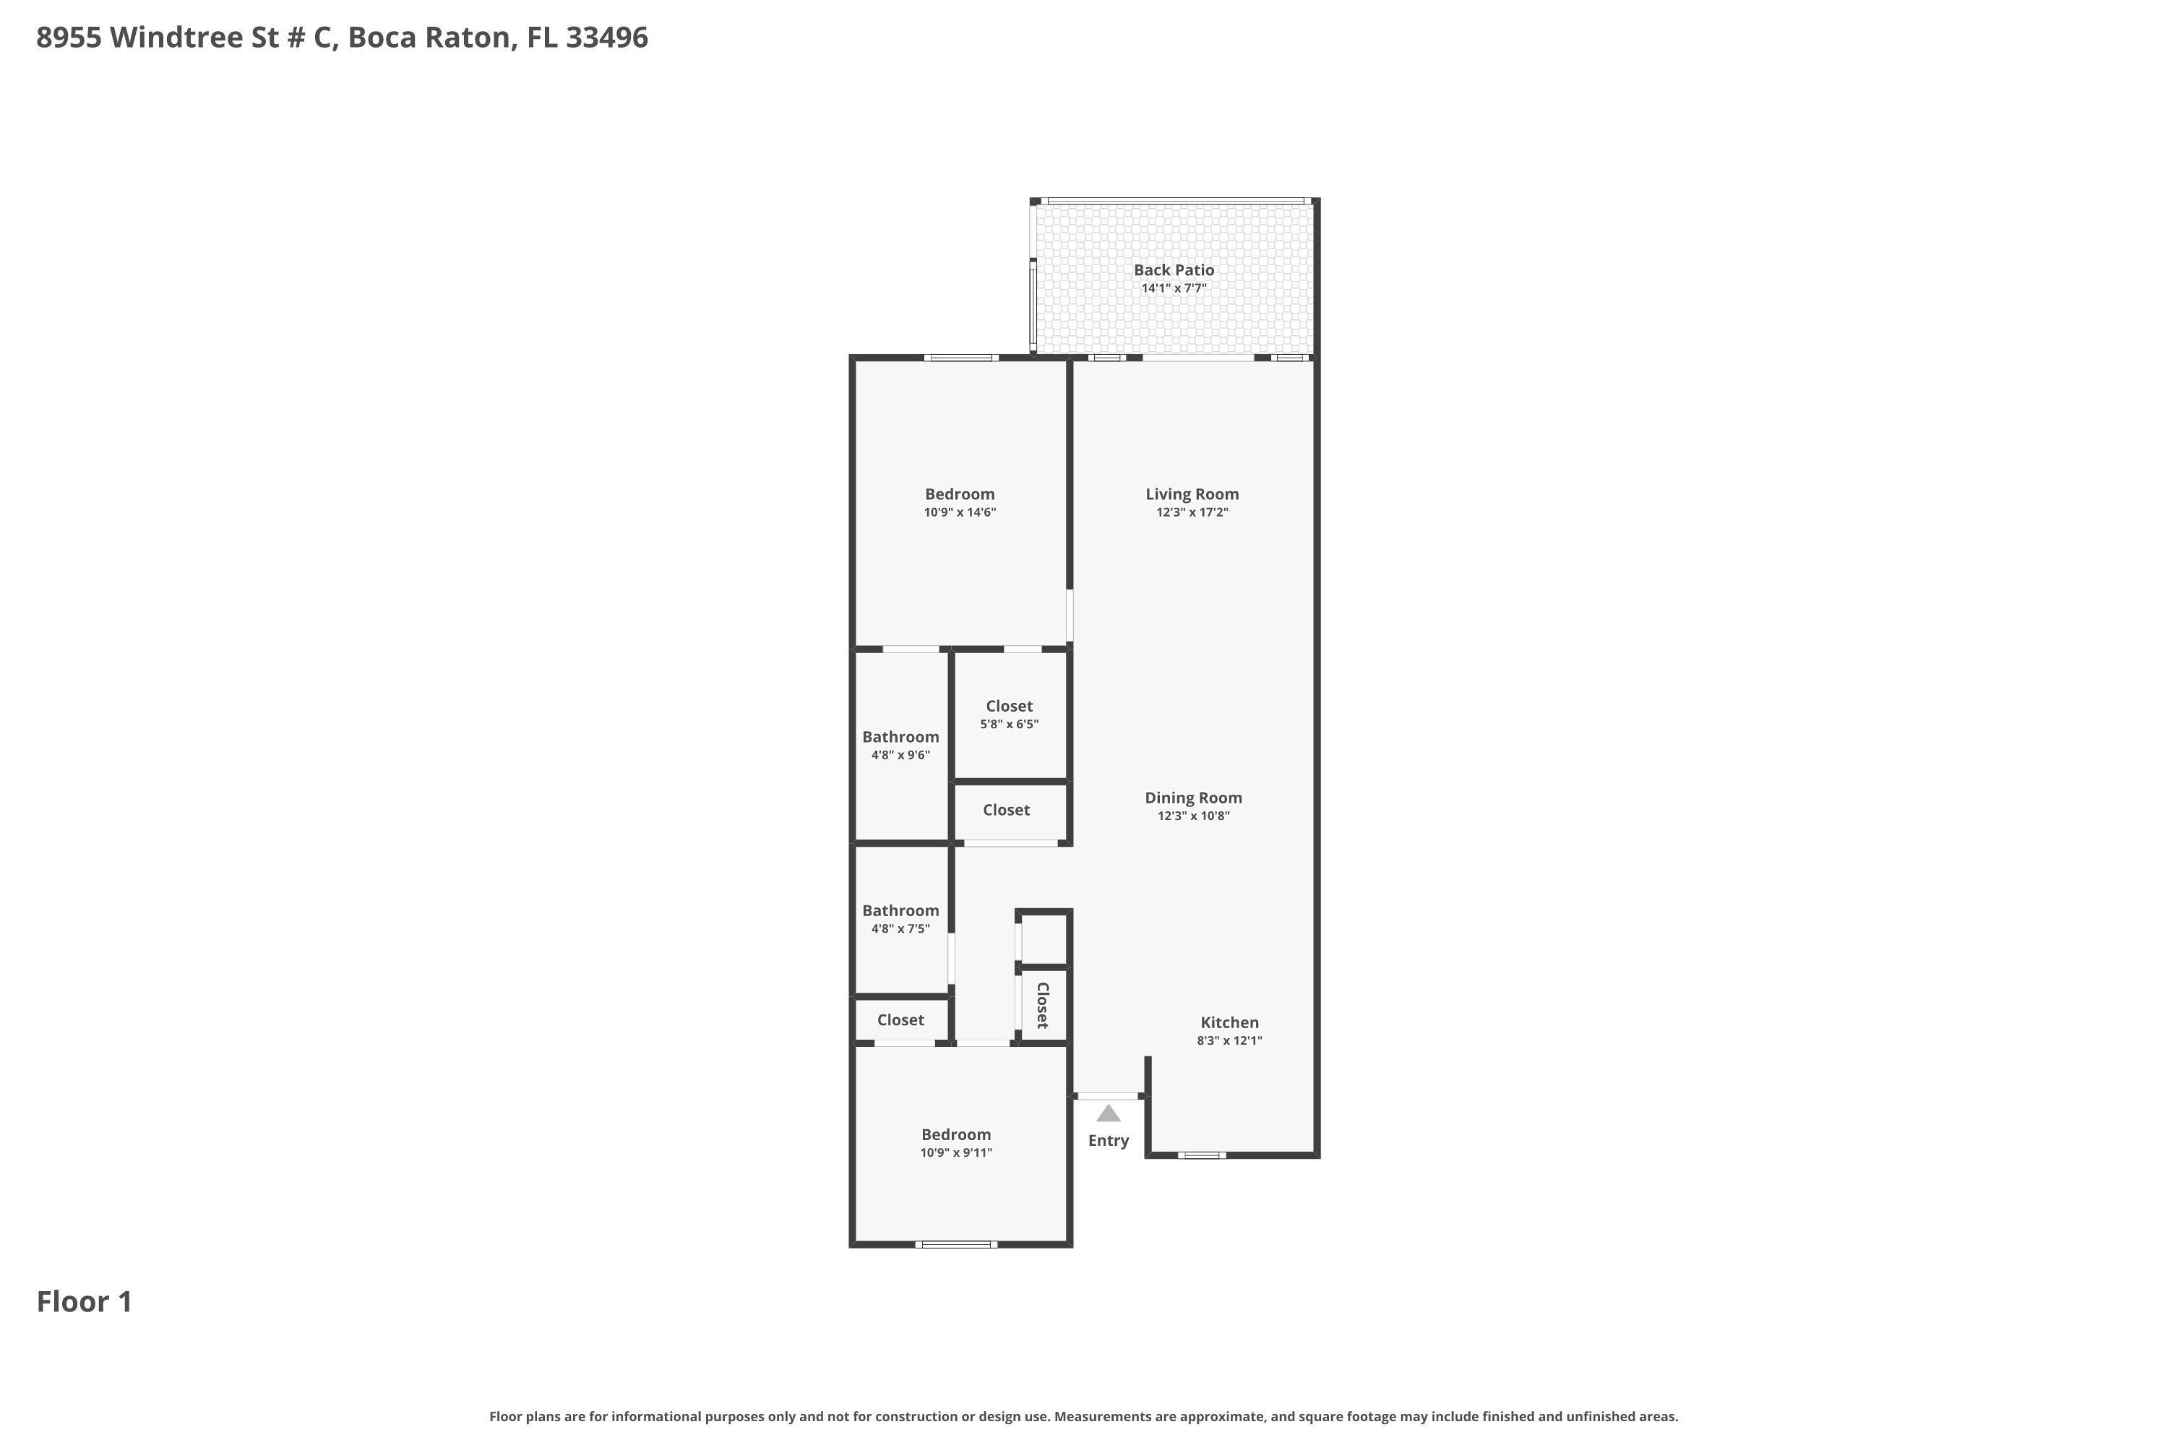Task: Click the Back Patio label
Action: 1174,270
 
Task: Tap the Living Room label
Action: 1192,494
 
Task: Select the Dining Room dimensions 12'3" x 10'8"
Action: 1194,816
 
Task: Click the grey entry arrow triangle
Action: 1108,1113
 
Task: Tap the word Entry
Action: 1108,1141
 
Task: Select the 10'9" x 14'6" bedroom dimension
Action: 960,512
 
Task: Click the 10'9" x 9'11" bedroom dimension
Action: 956,1153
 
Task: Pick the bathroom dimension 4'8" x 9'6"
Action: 900,756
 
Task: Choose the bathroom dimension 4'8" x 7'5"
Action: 900,929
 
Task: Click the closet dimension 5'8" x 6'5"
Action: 1010,725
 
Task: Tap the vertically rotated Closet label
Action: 1043,1006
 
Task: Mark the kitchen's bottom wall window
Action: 1202,1155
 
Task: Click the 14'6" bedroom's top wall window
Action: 961,358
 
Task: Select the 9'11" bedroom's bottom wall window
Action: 956,1244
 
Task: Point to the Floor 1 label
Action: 84,1301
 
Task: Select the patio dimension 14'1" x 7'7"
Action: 1174,288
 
